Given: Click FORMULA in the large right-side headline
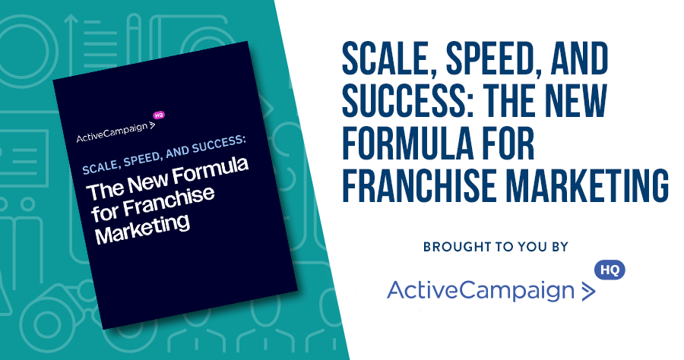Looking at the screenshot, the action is [408, 144].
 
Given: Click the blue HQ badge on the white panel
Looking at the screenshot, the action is [610, 270].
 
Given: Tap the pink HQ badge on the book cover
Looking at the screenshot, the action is [159, 115].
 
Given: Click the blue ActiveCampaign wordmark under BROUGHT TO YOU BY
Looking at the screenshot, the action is [480, 291].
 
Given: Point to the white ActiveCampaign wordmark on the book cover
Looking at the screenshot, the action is [112, 132].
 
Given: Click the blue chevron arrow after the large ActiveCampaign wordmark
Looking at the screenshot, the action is [588, 292].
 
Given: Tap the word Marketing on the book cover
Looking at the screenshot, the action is [143, 229].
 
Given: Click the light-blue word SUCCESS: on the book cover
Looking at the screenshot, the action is [219, 145].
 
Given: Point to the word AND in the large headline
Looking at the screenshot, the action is [579, 58].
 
